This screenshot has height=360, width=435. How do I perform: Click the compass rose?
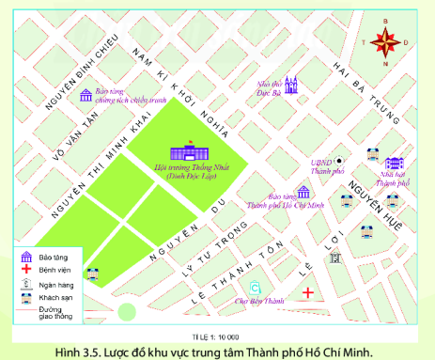point(385,41)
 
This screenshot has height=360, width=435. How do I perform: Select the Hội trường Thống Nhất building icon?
point(185,151)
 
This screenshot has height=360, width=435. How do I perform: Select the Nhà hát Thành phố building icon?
point(393,164)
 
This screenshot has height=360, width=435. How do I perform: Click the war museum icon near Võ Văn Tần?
point(86,96)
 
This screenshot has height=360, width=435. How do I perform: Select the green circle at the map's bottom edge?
point(127,312)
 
